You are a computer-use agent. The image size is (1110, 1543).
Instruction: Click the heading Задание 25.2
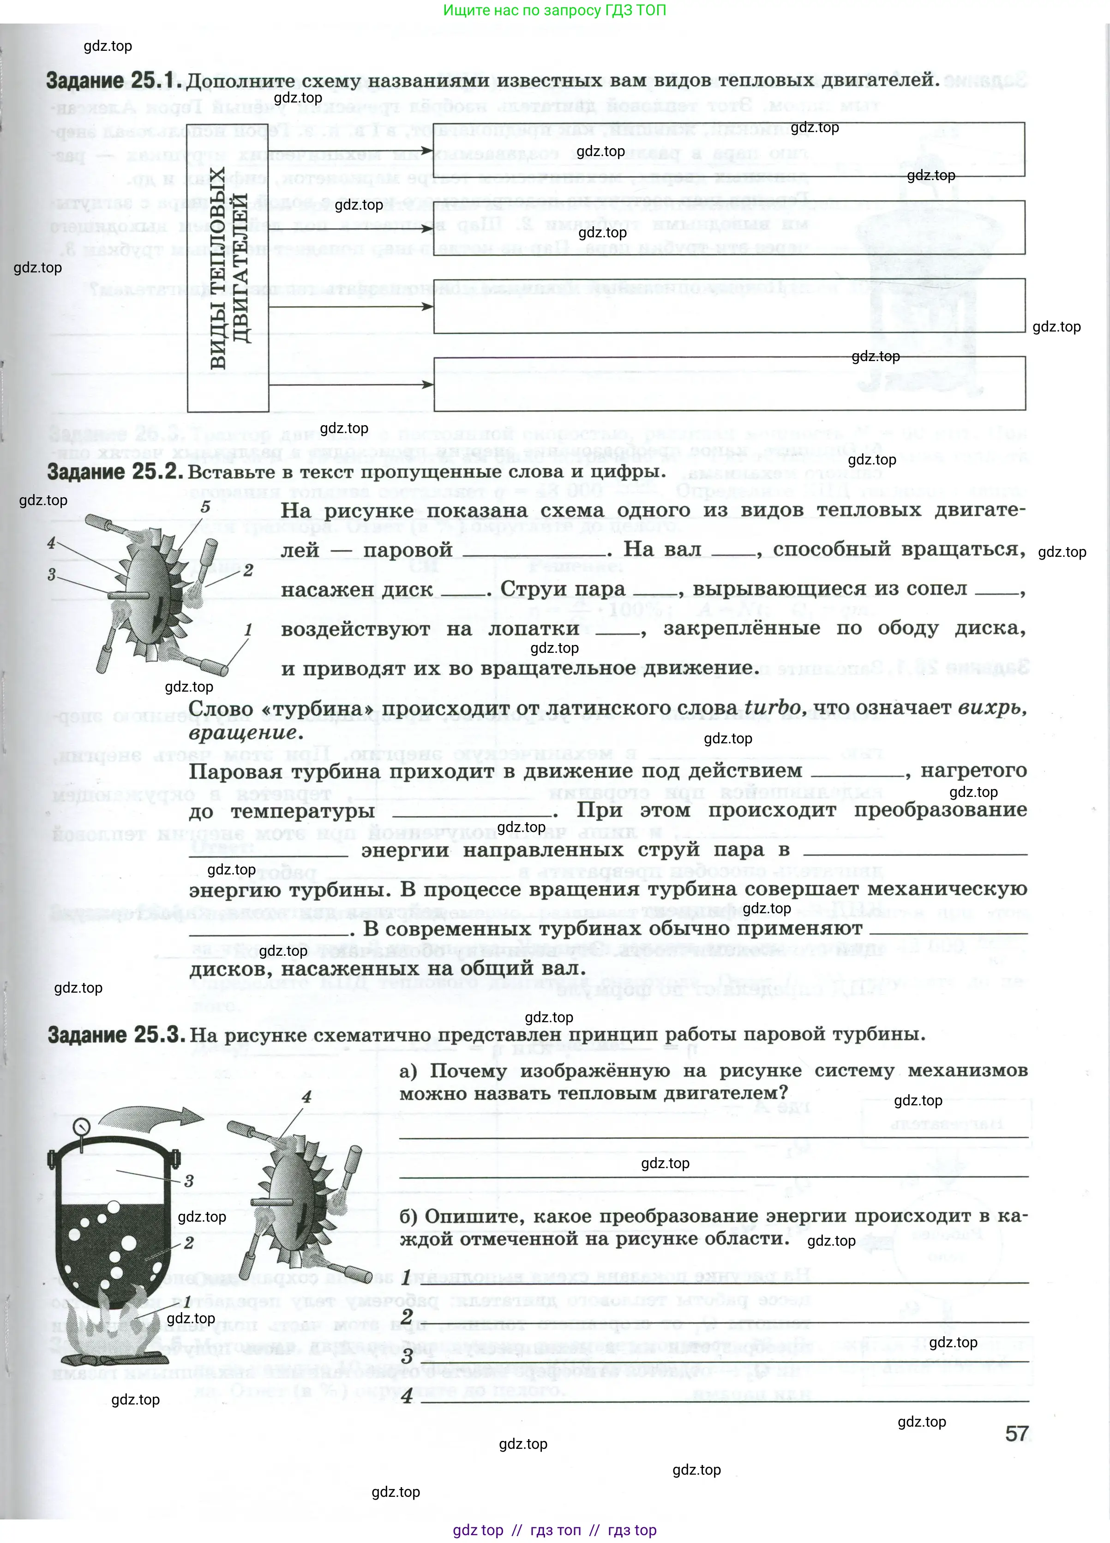(x=114, y=471)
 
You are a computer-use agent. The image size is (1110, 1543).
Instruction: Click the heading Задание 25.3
(x=116, y=1035)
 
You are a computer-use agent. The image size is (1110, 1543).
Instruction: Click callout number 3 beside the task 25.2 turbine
(x=52, y=574)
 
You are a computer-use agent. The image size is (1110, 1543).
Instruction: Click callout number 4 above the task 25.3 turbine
(x=307, y=1097)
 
